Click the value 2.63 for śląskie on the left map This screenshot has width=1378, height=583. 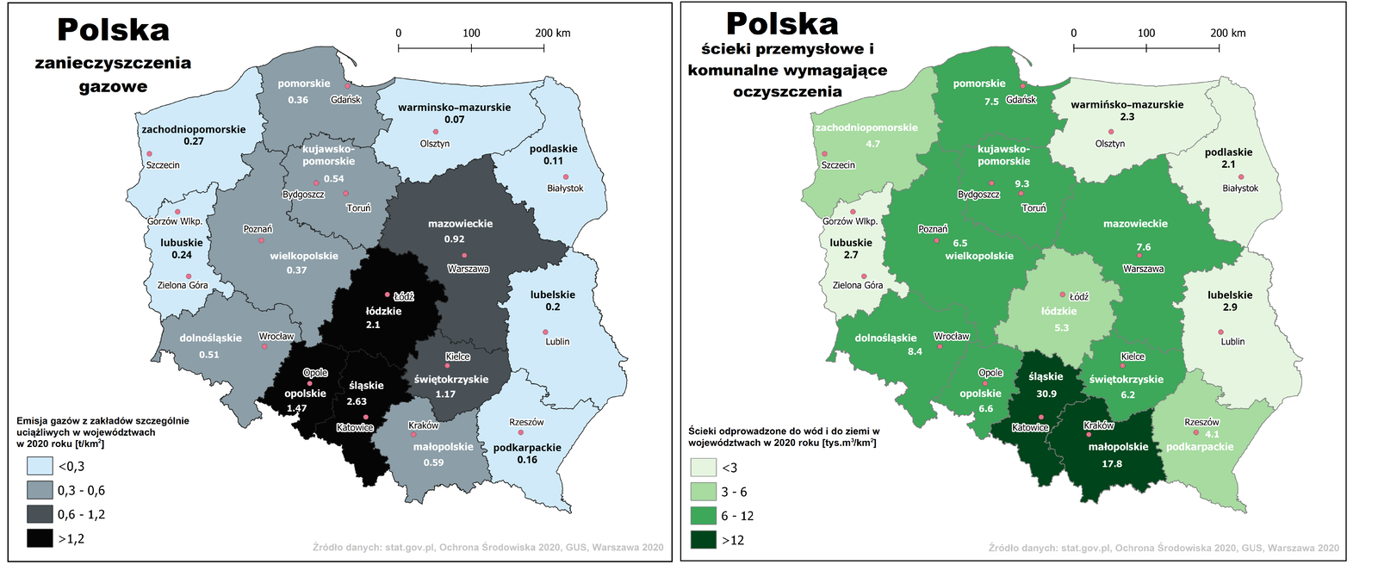357,401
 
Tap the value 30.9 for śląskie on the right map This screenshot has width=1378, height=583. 1046,394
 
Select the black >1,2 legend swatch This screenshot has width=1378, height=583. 40,538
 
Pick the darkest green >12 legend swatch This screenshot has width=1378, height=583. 703,540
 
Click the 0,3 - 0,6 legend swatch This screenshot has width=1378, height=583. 40,490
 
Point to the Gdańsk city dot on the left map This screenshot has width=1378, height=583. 348,86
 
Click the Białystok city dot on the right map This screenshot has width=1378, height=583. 1241,177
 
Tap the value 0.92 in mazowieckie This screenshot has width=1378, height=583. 454,239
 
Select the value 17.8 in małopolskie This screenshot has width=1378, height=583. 1112,463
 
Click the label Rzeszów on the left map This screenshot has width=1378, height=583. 526,422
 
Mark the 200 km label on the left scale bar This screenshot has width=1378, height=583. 552,33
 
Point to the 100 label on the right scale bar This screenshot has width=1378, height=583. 1146,33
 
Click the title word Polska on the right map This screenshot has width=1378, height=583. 782,23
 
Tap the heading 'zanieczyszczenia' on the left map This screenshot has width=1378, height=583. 113,63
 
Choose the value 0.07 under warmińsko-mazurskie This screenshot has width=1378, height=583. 454,120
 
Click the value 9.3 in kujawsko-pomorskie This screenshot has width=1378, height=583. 1021,183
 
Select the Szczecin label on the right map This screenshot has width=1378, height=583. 838,164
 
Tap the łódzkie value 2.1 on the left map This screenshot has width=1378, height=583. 373,325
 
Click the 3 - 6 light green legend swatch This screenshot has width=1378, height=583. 703,492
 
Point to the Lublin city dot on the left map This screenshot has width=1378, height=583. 545,332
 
